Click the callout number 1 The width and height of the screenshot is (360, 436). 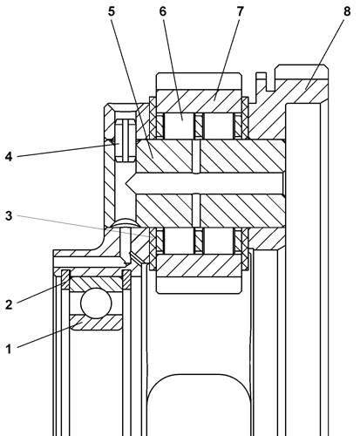(9, 349)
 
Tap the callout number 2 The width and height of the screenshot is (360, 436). (9, 304)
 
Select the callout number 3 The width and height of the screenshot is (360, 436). (9, 215)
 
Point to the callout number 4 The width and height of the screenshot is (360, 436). (9, 157)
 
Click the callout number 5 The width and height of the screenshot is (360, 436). (112, 11)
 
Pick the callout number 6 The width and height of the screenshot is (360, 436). (163, 11)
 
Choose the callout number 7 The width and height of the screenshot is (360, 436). (240, 11)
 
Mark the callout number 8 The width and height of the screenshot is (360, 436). (347, 11)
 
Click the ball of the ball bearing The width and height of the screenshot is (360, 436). (96, 303)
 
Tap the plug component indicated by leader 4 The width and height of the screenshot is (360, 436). (126, 140)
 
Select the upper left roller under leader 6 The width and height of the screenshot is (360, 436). (179, 126)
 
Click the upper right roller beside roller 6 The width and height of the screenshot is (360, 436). (218, 126)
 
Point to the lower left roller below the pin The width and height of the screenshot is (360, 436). (179, 240)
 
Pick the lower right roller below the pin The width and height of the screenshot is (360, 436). (218, 240)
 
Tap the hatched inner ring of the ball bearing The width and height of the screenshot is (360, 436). (96, 323)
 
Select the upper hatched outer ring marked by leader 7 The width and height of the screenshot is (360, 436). (199, 100)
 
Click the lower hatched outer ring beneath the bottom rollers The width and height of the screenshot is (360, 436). (199, 265)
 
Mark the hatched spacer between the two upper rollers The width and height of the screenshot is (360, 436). (199, 126)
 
